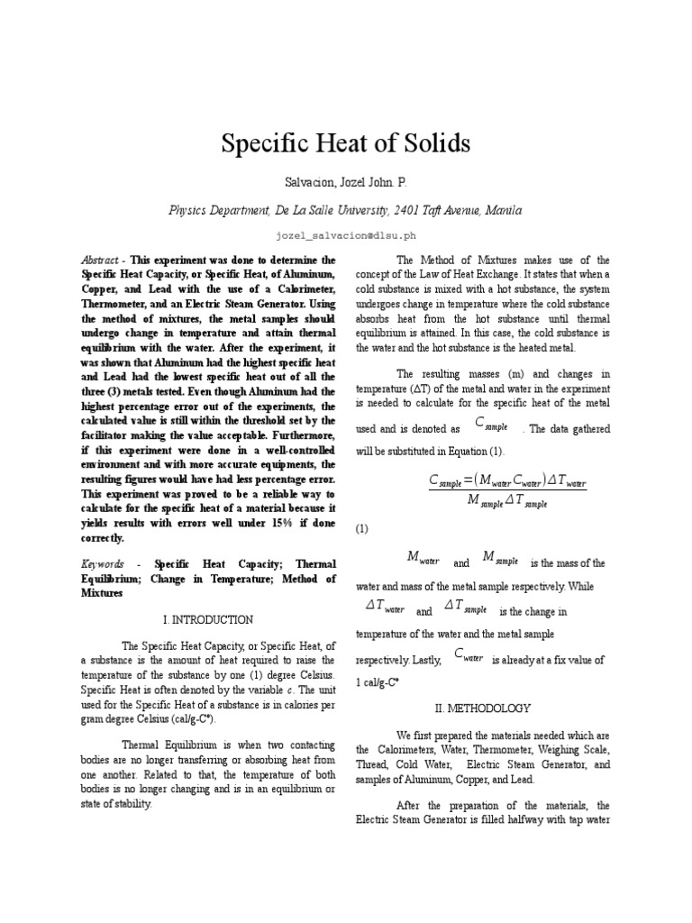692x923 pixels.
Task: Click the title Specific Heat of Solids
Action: pos(346,142)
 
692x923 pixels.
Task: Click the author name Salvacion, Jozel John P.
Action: pos(345,183)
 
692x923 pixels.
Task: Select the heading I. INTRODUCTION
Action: pos(208,620)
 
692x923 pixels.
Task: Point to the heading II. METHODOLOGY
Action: pos(483,708)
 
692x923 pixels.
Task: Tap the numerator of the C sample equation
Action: pos(508,481)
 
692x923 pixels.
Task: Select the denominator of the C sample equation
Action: pos(508,502)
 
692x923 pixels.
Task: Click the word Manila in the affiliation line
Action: pos(502,210)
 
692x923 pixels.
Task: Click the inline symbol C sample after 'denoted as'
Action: pos(493,425)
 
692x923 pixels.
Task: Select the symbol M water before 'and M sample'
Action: pos(423,559)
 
